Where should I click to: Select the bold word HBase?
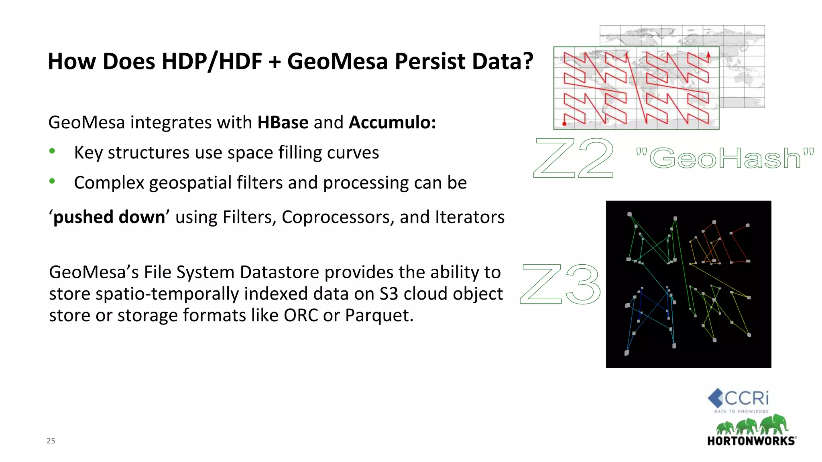pos(283,122)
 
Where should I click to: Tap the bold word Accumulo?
pos(392,122)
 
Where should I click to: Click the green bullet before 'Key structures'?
pos(52,151)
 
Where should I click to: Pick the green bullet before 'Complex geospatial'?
pos(52,181)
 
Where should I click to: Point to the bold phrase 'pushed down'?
pos(109,217)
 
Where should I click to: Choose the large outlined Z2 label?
pos(573,158)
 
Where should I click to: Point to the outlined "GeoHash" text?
pos(725,158)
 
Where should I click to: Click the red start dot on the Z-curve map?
pos(564,124)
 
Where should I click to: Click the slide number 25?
pos(51,441)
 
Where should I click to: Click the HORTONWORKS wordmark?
pos(751,441)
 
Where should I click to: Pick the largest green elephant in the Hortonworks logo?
pos(774,424)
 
